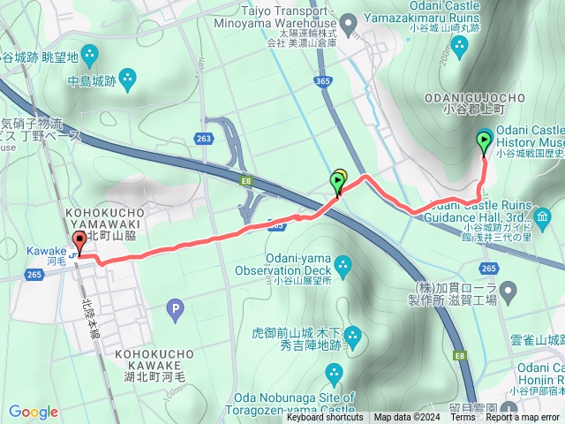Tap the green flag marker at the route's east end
point(485,141)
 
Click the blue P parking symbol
point(175,308)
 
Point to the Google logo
point(34,412)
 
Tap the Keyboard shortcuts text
point(324,418)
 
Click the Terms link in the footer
point(463,418)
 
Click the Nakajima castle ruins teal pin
point(125,79)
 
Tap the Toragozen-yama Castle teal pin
point(334,375)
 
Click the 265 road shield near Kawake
point(34,275)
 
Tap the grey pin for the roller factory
point(508,290)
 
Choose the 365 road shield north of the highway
point(322,81)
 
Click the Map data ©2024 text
point(405,418)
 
